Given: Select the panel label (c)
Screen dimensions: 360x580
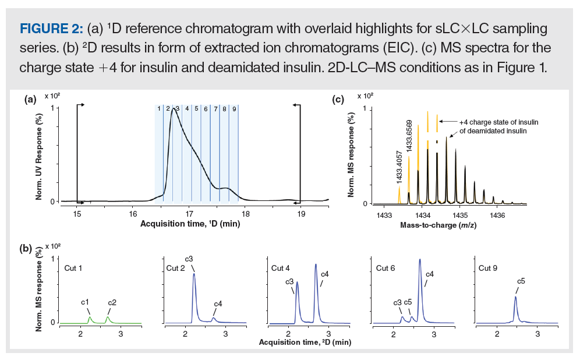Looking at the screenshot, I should pyautogui.click(x=338, y=100).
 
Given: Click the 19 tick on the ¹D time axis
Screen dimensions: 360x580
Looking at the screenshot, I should pyautogui.click(x=301, y=213).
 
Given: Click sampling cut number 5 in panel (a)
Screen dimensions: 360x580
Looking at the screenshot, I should pyautogui.click(x=196, y=108).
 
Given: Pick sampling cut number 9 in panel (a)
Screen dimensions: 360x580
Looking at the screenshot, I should pyautogui.click(x=234, y=108).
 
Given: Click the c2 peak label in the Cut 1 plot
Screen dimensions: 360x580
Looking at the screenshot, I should pyautogui.click(x=112, y=302).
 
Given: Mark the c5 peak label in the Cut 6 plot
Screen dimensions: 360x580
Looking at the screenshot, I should pyautogui.click(x=408, y=302).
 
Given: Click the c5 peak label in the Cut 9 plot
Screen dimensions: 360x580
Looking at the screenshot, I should pyautogui.click(x=521, y=281).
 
